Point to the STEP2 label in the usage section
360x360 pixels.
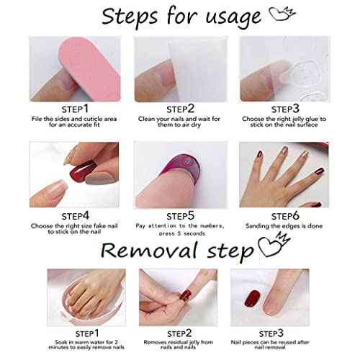tap(179, 107)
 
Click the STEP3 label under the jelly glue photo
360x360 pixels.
tap(289, 107)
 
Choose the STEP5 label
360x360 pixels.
tap(180, 215)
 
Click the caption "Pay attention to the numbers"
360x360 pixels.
tap(180, 226)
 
